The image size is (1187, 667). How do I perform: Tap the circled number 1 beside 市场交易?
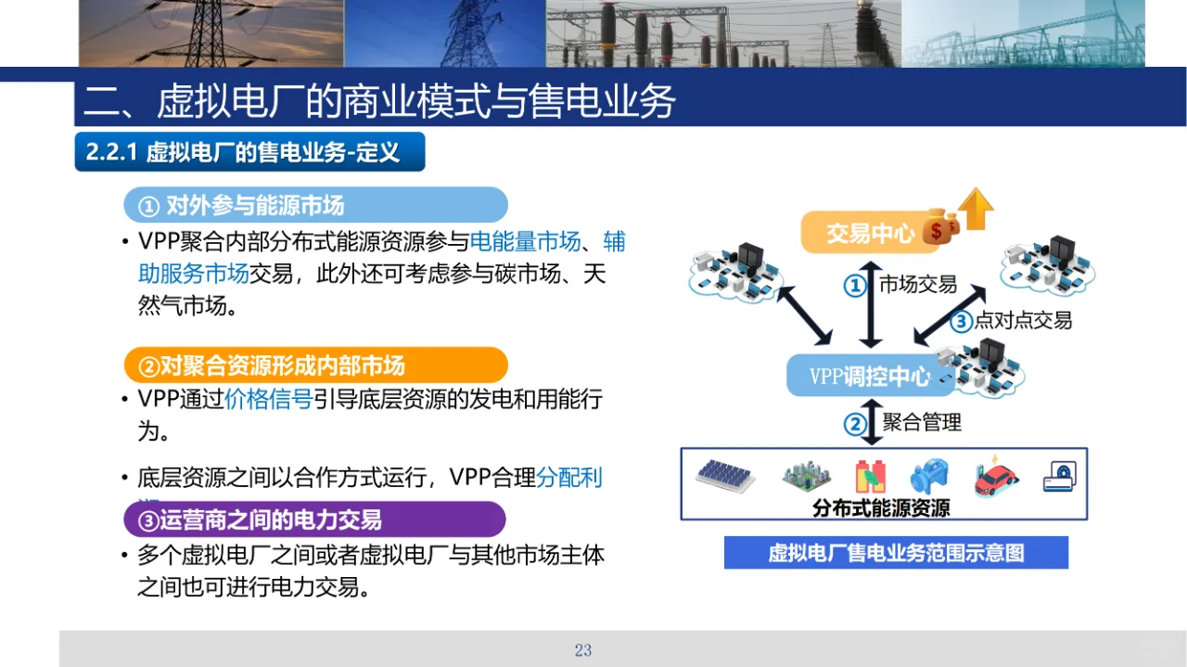855,286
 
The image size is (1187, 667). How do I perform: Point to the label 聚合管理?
922,423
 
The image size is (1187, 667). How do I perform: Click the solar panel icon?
726,476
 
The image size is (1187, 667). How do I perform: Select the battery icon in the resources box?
871,476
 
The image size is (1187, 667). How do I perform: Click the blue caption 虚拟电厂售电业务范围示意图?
896,553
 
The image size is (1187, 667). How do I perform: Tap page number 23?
582,650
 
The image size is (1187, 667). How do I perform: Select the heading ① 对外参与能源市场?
315,204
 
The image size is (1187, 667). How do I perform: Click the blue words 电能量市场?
525,242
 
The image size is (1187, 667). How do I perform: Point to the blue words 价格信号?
268,400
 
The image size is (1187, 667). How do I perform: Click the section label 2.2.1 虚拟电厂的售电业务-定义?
249,152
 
